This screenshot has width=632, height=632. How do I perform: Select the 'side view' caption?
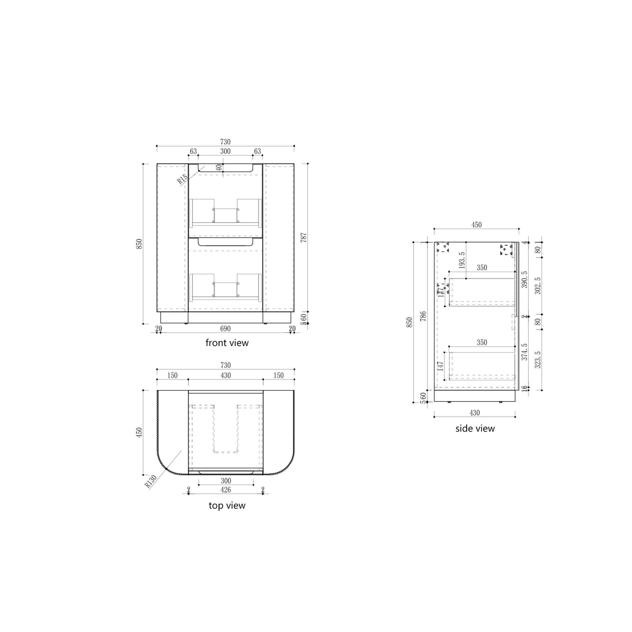coord(475,429)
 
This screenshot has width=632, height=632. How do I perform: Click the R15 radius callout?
coord(182,179)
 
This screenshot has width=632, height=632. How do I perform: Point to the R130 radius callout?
coord(151,481)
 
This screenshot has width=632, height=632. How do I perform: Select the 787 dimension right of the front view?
coord(304,237)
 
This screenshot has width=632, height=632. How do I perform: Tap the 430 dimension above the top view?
coord(225,375)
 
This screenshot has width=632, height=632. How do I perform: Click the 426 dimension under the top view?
coord(225,490)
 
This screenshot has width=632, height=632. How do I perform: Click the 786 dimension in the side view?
coord(423,316)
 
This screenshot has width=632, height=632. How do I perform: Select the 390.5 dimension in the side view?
coord(524,279)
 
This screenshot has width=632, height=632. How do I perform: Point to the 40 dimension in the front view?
coord(219,167)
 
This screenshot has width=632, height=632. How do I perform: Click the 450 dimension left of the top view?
coord(139,433)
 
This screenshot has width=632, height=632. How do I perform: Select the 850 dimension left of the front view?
coord(139,244)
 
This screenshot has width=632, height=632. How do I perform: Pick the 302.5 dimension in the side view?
coord(537,286)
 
